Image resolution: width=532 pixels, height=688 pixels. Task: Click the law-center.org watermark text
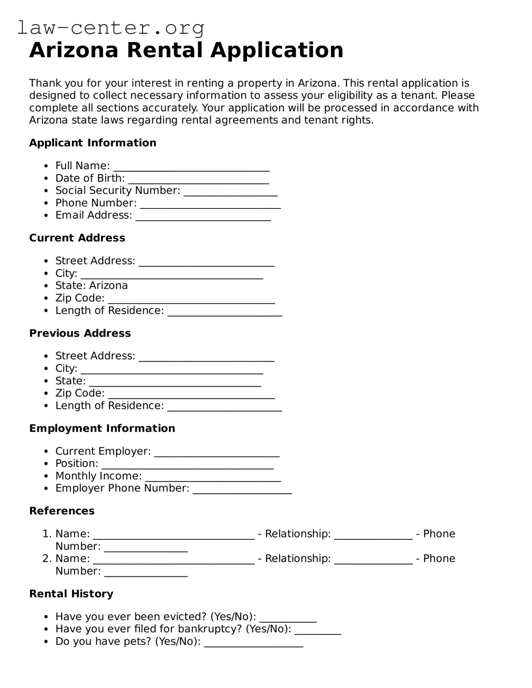point(110,28)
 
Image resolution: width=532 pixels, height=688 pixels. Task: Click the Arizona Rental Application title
point(186,50)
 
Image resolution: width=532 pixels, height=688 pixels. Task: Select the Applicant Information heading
point(92,143)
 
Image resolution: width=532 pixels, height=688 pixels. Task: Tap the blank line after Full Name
point(191,167)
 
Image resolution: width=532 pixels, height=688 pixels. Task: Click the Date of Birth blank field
point(198,179)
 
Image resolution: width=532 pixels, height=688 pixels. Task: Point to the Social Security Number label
point(117,191)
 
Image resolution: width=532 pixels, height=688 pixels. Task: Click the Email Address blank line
point(203,216)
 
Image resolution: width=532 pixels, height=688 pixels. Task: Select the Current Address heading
point(77,238)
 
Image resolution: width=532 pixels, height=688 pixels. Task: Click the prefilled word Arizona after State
point(109,286)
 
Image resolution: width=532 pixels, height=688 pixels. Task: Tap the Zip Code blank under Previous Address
point(191,394)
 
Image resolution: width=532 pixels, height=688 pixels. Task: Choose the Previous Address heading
point(80,334)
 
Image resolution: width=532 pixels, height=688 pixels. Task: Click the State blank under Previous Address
point(175,382)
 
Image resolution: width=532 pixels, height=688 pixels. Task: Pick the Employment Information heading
point(102,429)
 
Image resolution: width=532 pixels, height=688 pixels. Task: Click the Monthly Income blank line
point(213,477)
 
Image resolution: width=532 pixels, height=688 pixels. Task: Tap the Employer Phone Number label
point(122,488)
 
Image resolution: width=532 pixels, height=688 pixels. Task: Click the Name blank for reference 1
point(173,535)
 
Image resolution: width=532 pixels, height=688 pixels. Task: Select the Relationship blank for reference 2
point(373,559)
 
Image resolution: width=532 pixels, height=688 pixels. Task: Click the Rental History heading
point(71,594)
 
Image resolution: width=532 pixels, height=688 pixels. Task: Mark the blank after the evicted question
point(288,617)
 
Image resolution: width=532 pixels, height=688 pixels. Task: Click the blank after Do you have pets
point(253,642)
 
